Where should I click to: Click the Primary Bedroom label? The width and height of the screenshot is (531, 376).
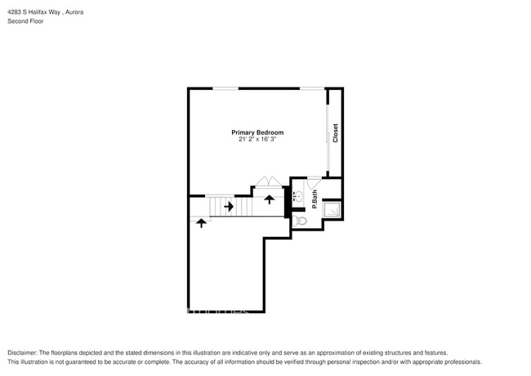coord(257,132)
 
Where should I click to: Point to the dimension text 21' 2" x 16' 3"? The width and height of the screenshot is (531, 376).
coord(257,140)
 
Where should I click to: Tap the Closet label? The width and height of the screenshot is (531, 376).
coord(335,134)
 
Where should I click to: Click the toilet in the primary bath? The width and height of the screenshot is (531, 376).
coord(301,220)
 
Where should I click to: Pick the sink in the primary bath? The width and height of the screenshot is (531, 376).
coord(298,196)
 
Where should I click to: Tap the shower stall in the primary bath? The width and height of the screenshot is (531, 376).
coord(332,209)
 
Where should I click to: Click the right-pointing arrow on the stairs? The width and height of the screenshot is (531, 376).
coord(230,207)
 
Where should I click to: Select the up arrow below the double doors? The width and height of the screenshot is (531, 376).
coord(269,199)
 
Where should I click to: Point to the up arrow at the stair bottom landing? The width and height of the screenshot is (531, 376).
coord(200,222)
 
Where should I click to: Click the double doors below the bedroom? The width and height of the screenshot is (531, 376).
coord(268,181)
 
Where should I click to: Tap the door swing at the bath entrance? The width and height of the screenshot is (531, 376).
coord(314,183)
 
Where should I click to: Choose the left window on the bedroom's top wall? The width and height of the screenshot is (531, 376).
coord(226,88)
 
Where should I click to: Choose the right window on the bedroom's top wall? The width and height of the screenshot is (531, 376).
coord(310,88)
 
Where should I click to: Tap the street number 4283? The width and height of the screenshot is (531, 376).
coord(16,13)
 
